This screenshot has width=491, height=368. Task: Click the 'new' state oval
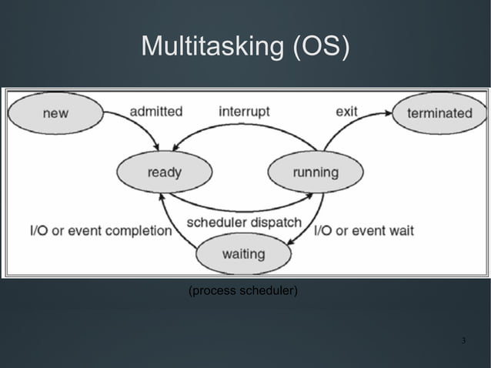55,113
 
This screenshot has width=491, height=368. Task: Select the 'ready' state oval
164,172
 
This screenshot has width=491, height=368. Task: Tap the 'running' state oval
314,172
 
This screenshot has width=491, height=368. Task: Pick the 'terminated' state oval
439,113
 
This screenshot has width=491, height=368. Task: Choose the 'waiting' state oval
243,253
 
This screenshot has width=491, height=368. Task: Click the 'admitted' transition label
156,111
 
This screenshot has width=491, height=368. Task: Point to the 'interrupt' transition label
244,111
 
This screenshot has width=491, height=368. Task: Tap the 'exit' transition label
347,111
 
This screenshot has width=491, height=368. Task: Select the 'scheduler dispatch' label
244,222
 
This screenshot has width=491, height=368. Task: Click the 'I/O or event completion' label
100,230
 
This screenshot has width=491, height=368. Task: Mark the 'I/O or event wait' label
364,230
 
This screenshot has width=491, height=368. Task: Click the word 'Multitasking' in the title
212,46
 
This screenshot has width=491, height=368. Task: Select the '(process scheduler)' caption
243,291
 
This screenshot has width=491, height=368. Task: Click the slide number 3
463,340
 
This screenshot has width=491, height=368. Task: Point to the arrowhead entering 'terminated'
388,114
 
